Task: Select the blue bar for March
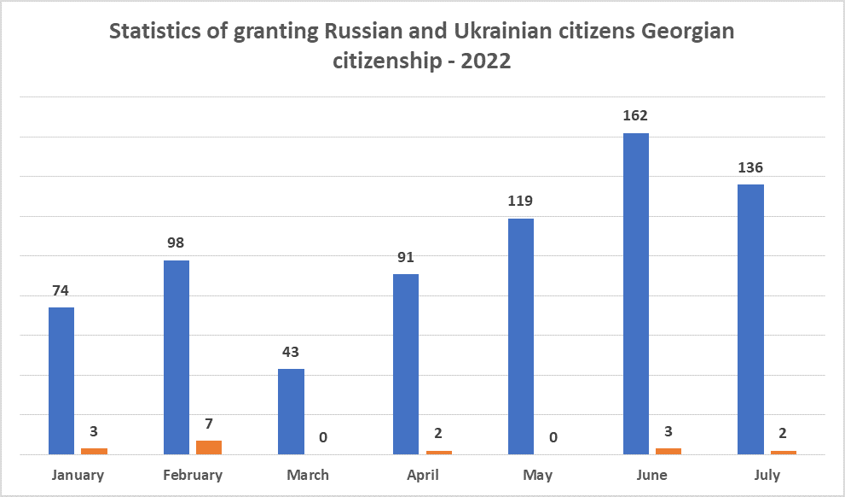[x=292, y=411]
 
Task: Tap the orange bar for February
[x=209, y=447]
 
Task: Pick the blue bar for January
[x=61, y=380]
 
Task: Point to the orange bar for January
[x=94, y=450]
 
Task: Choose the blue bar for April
[x=406, y=364]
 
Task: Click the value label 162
[x=635, y=115]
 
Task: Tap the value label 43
[x=292, y=351]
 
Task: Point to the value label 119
[x=520, y=202]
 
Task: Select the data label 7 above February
[x=209, y=424]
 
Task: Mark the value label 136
[x=750, y=167]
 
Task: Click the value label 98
[x=177, y=243]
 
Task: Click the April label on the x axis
[x=422, y=475]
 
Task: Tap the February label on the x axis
[x=193, y=475]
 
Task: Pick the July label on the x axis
[x=767, y=475]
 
